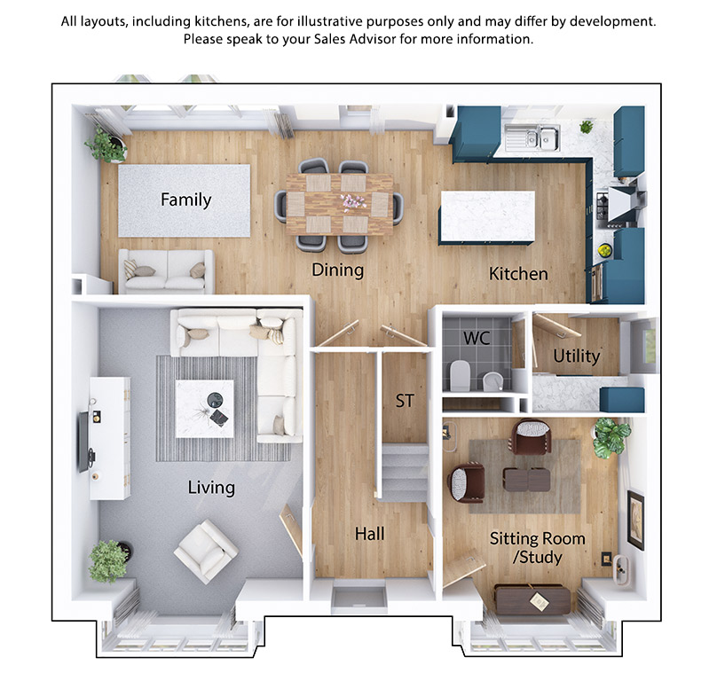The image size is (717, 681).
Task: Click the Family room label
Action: tap(185, 200)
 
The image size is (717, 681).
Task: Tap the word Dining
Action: tap(337, 270)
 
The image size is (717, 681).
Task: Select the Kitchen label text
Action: tap(518, 274)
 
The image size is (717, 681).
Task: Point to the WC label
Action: tap(477, 338)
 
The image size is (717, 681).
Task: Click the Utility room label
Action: tap(576, 356)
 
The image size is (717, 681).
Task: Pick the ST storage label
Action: tap(405, 401)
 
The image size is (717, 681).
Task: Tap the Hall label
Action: tap(369, 534)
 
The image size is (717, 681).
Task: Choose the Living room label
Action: tap(211, 488)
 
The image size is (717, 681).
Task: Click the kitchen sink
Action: tap(532, 137)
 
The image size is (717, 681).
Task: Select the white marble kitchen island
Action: tap(487, 217)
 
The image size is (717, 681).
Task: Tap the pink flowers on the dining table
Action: tap(352, 201)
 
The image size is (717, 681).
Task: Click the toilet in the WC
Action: tap(460, 375)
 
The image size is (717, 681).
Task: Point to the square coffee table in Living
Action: tap(205, 409)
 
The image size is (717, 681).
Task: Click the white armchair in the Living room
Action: tap(206, 552)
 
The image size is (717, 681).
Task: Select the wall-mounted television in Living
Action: tap(83, 442)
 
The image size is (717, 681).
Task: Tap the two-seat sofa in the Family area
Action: tap(166, 271)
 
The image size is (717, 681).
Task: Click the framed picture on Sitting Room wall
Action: tap(635, 520)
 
